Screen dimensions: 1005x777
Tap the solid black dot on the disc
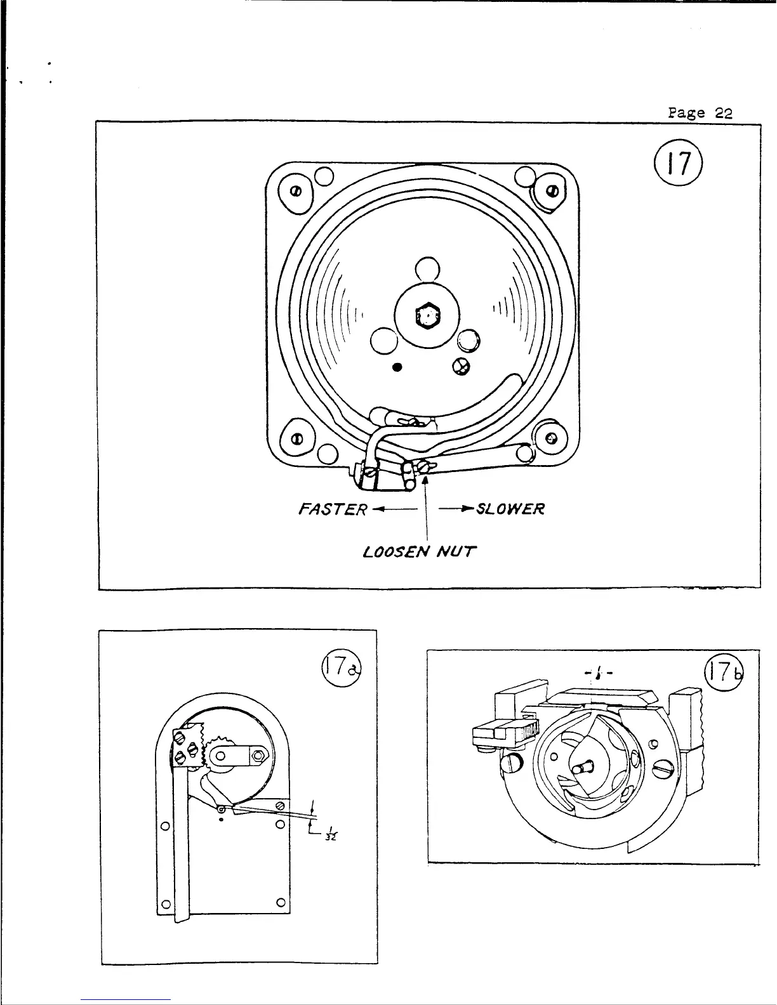pyautogui.click(x=397, y=366)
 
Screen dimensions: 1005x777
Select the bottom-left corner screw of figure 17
pyautogui.click(x=295, y=440)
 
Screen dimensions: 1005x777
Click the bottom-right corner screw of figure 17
pyautogui.click(x=551, y=438)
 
